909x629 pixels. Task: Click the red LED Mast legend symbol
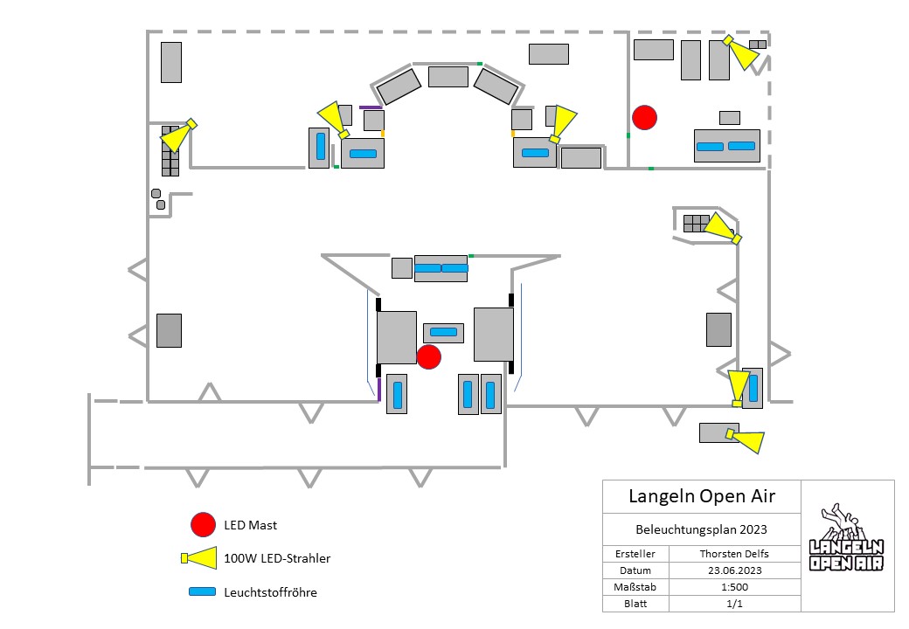click(x=203, y=524)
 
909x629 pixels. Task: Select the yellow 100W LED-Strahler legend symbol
click(x=199, y=558)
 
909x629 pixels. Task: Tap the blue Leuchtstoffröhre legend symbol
click(x=202, y=592)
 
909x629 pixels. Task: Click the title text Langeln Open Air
click(x=702, y=496)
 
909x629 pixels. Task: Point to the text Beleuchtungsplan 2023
click(x=701, y=529)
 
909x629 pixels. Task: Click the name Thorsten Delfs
click(x=734, y=554)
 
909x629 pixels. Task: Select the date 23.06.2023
click(x=734, y=570)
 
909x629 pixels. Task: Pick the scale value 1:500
click(x=734, y=587)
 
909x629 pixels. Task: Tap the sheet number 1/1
click(x=734, y=604)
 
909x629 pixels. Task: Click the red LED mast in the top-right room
click(x=644, y=118)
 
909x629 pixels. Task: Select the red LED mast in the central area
click(x=429, y=356)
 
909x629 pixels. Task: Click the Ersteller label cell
click(x=635, y=554)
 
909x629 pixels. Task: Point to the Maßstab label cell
click(x=635, y=587)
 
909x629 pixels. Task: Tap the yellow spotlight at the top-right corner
click(x=740, y=52)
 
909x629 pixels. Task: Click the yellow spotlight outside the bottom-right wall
click(x=745, y=440)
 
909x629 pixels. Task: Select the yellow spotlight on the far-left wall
click(x=178, y=135)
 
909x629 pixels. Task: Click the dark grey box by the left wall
click(x=169, y=331)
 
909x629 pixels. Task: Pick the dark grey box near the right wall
click(x=718, y=329)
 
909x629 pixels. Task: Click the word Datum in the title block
click(x=635, y=570)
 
